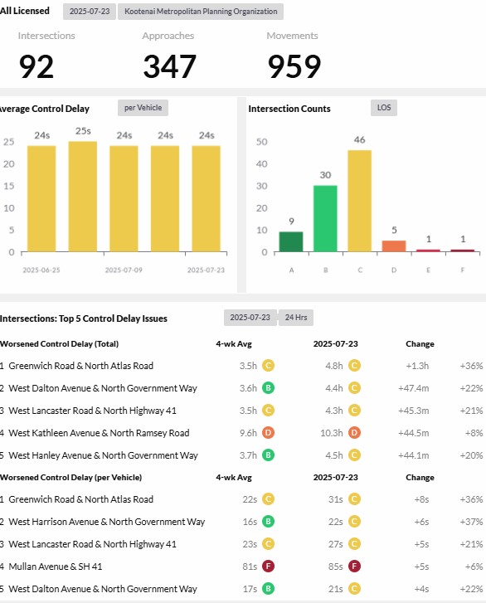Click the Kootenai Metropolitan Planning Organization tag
tap(201, 12)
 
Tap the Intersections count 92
tap(36, 66)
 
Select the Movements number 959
tap(294, 66)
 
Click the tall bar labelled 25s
tap(83, 197)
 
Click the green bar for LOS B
tap(325, 218)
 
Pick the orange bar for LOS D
tap(394, 246)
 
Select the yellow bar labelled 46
tap(359, 201)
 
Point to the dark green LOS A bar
tap(291, 241)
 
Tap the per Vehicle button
tap(143, 108)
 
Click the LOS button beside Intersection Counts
tap(384, 108)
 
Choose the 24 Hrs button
tap(296, 318)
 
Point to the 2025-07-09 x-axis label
tap(124, 270)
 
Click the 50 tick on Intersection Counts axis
tap(262, 142)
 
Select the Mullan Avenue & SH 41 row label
tap(56, 567)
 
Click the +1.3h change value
tap(417, 366)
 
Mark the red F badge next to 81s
tap(269, 566)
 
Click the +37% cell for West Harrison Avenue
tap(471, 522)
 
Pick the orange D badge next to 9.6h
tap(269, 433)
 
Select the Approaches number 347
tap(169, 66)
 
